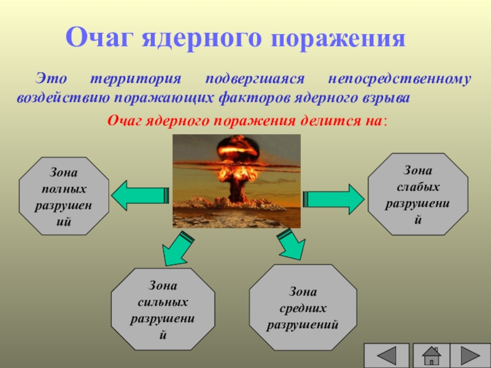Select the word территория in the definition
pyautogui.click(x=136, y=79)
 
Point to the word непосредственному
pyautogui.click(x=400, y=79)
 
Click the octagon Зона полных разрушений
pyautogui.click(x=64, y=196)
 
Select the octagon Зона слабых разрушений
pyautogui.click(x=418, y=194)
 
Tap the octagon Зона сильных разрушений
pyautogui.click(x=163, y=309)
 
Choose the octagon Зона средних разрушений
pyautogui.click(x=303, y=307)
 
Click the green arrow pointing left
pyautogui.click(x=141, y=196)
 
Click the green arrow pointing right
pyautogui.click(x=334, y=199)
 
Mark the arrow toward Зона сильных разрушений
pyautogui.click(x=177, y=249)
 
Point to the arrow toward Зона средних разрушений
pyautogui.click(x=291, y=245)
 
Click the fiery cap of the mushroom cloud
pyautogui.click(x=238, y=148)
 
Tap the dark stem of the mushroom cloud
pyautogui.click(x=236, y=189)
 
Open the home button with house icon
pyautogui.click(x=431, y=356)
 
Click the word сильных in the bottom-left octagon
pyautogui.click(x=163, y=302)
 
